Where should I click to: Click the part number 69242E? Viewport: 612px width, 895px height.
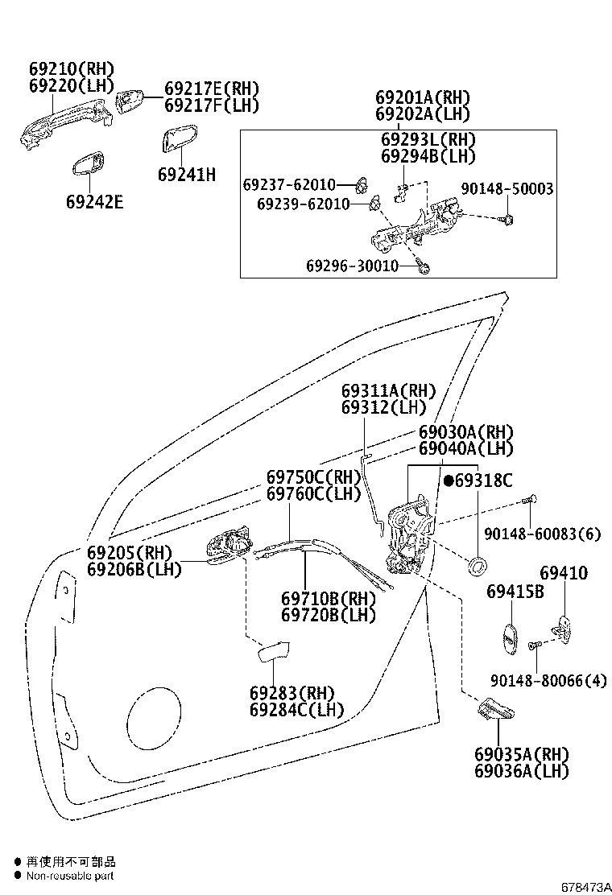[94, 201]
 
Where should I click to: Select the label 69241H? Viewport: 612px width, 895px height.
[186, 173]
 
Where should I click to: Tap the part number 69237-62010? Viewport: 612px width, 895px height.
[289, 186]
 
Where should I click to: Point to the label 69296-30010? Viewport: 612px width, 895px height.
[352, 266]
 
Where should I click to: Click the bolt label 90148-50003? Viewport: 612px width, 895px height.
[507, 189]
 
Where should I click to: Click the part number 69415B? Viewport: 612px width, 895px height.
[515, 592]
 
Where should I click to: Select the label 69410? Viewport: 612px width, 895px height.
[564, 574]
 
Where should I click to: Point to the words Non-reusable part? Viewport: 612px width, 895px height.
[70, 876]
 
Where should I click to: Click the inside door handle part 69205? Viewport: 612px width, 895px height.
[229, 547]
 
